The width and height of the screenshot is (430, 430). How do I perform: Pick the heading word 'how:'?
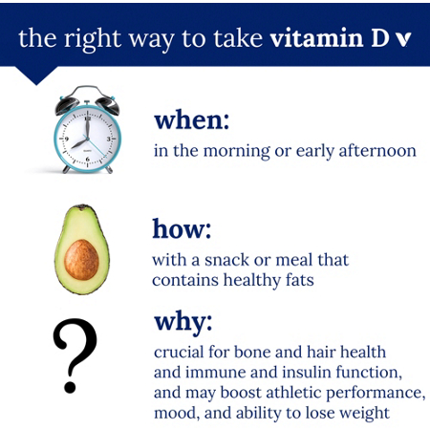click(x=182, y=229)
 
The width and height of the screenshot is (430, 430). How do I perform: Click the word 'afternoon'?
click(x=378, y=151)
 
